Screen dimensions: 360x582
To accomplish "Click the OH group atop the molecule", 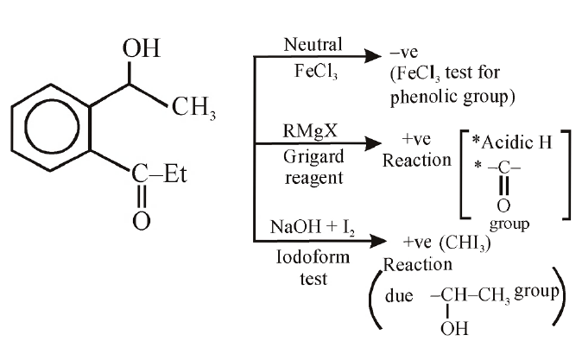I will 142,50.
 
